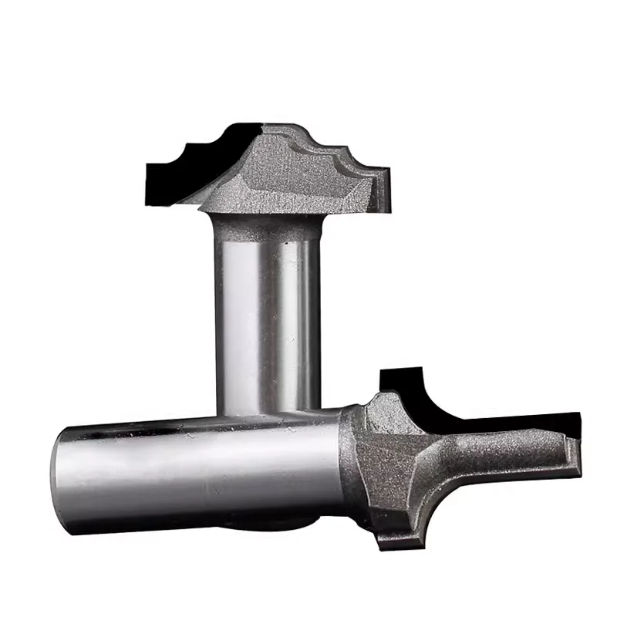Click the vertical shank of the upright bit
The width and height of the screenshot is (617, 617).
(266, 316)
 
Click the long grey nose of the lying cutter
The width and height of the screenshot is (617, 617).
(501, 455)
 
